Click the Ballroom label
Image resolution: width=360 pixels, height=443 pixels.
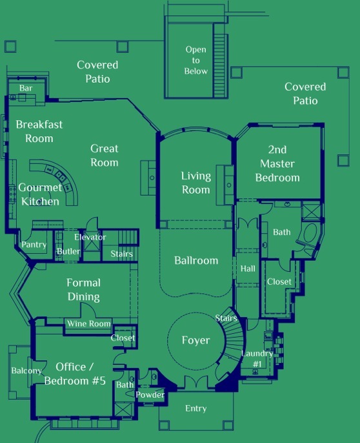(x=196, y=260)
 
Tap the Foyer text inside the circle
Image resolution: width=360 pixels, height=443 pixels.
(x=195, y=340)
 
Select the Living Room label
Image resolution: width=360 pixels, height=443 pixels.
(x=196, y=183)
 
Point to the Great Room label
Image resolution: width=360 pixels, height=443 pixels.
(x=104, y=156)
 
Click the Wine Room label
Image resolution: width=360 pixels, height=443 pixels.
(x=88, y=324)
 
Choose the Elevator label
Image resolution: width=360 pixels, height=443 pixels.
(x=90, y=237)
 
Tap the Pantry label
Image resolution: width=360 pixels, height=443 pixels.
(x=34, y=245)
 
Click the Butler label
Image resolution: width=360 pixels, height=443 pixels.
(x=68, y=251)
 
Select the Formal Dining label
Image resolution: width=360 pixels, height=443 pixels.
(x=84, y=289)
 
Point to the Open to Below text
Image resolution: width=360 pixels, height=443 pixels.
(x=196, y=60)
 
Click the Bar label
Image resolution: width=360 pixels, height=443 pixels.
(x=26, y=88)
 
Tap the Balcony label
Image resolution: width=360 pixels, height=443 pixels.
(x=26, y=371)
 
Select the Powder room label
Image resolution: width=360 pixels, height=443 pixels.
(x=150, y=395)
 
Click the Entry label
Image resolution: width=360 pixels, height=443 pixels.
(x=195, y=409)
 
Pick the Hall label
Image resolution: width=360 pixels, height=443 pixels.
(x=248, y=269)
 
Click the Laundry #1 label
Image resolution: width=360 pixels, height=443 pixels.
(x=257, y=359)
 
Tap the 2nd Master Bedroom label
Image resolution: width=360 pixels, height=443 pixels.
(x=277, y=163)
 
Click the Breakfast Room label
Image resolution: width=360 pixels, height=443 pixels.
(x=39, y=131)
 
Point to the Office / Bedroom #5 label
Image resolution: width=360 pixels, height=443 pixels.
(x=75, y=374)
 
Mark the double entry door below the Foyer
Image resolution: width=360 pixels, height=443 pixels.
(x=196, y=382)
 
